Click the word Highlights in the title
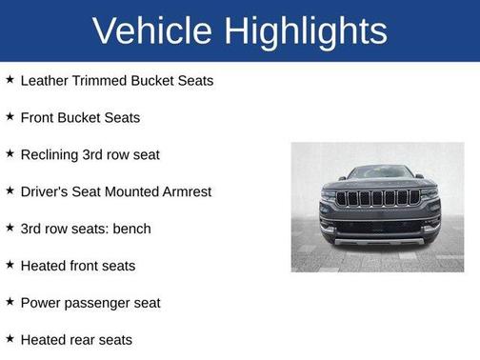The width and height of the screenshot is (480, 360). (307, 30)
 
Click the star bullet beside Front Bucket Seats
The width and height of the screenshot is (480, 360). (10, 116)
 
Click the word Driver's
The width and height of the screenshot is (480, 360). (45, 191)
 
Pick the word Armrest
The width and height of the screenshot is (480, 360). (184, 191)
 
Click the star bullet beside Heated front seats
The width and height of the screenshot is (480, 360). (10, 265)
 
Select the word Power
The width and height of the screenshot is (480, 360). (41, 303)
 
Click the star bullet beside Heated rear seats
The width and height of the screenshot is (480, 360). (10, 339)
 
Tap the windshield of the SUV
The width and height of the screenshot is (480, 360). (378, 173)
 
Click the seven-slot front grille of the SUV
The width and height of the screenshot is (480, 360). (378, 199)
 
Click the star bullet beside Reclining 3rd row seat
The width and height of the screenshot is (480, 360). (10, 153)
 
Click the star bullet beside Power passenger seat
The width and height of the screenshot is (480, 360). (10, 302)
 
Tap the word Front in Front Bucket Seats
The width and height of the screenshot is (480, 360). (39, 117)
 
